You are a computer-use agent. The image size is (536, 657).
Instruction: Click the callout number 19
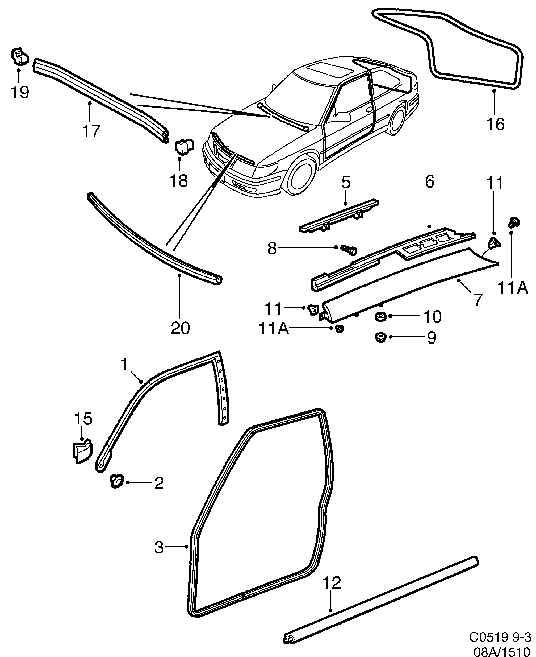(20, 92)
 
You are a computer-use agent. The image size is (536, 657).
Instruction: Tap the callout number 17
(91, 131)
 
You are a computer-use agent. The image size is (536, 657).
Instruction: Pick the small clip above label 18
(184, 146)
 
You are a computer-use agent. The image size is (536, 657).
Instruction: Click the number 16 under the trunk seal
(495, 124)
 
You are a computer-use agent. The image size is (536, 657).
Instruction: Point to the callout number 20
(180, 328)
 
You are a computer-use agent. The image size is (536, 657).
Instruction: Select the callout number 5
(346, 183)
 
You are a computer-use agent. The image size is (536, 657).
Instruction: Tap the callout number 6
(429, 182)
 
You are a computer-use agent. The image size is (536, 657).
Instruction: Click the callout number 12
(332, 582)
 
